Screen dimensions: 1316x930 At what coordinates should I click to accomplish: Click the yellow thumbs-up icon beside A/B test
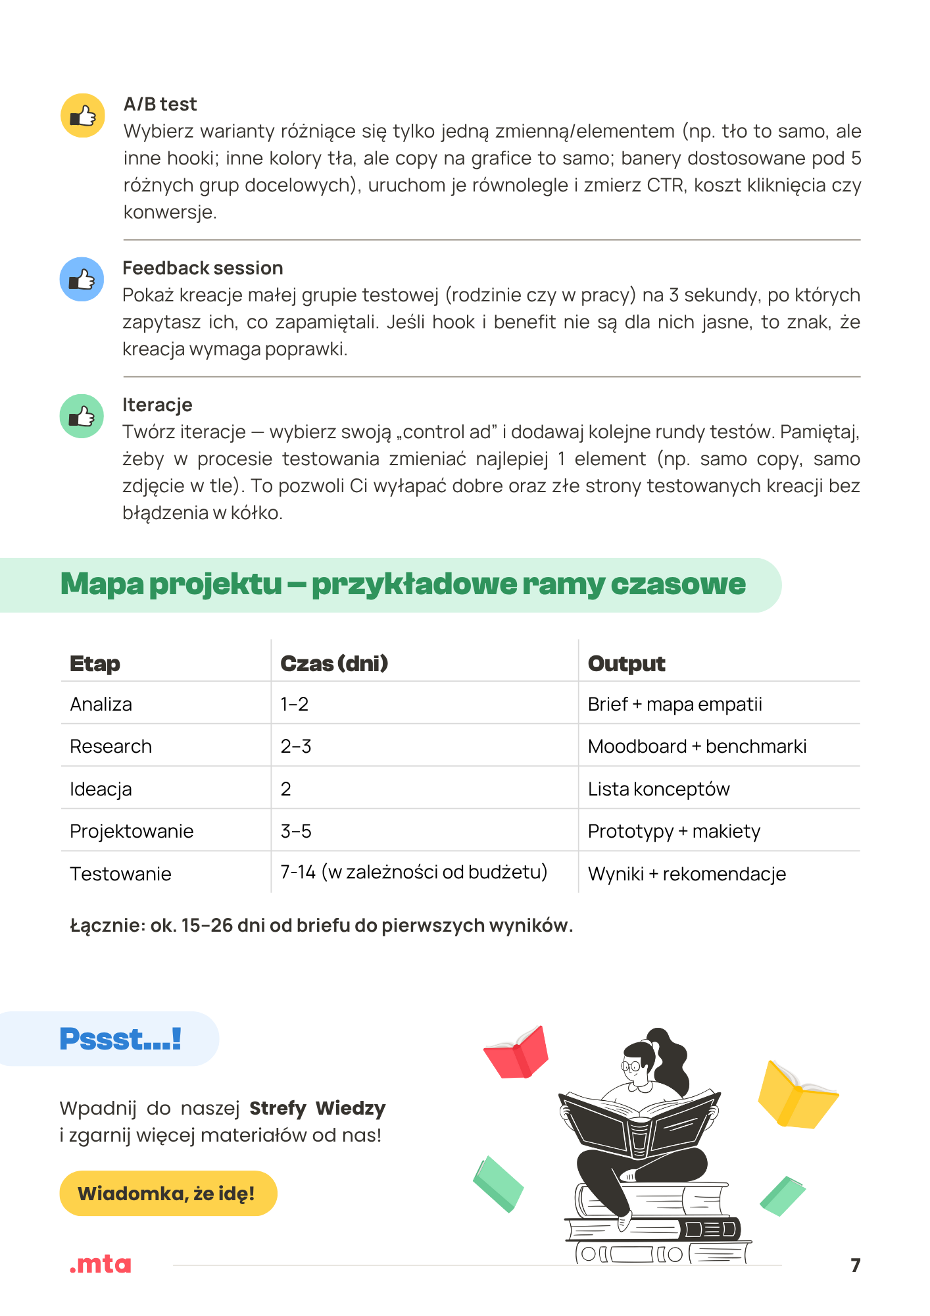[x=83, y=116]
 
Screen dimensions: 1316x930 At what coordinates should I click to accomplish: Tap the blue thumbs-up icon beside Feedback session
[x=82, y=279]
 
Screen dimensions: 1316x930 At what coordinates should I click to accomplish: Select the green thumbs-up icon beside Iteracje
[x=82, y=416]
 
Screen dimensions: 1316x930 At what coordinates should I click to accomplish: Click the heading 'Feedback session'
[x=203, y=268]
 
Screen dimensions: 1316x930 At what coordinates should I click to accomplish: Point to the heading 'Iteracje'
[x=157, y=405]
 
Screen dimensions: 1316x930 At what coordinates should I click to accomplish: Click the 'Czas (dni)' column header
[x=334, y=663]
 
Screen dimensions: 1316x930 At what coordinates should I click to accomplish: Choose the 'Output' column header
[x=626, y=663]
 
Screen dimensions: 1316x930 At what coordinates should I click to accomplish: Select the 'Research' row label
[x=110, y=746]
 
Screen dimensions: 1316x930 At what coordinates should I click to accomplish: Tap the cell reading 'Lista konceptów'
[x=658, y=789]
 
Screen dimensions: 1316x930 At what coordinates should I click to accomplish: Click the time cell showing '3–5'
[x=296, y=831]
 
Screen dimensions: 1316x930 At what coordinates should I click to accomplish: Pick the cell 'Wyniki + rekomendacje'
[x=687, y=874]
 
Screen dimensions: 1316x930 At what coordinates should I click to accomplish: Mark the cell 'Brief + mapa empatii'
[x=675, y=704]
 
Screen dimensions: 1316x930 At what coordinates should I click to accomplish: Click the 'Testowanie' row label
[x=120, y=874]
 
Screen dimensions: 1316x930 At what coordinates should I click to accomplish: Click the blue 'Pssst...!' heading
[x=120, y=1040]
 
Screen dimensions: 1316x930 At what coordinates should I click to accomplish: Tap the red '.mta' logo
[x=100, y=1264]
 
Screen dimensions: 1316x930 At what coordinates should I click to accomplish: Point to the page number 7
[x=855, y=1265]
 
